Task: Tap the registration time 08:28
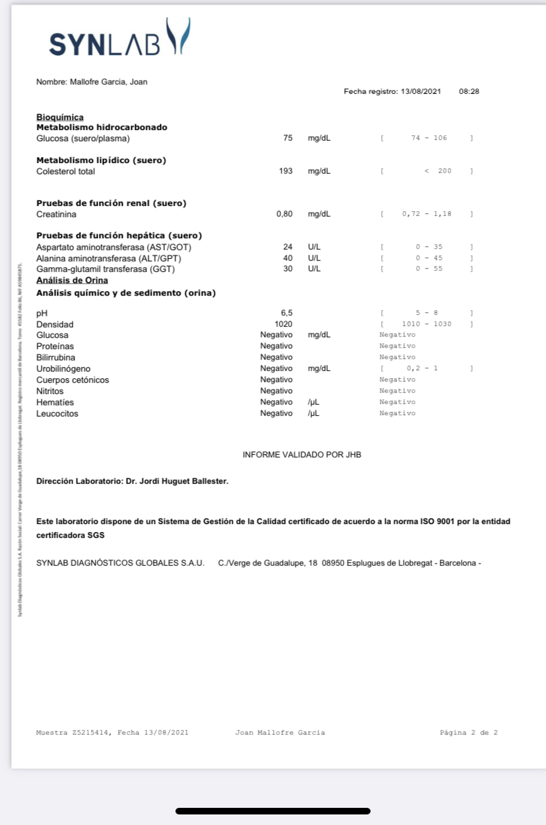tap(469, 91)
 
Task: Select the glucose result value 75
tap(288, 138)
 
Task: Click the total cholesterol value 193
tap(286, 171)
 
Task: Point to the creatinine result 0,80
tap(285, 214)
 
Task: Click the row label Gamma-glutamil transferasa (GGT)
tap(105, 269)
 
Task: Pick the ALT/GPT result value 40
tap(288, 258)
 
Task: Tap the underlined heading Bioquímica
tap(59, 117)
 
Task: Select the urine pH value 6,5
tap(287, 313)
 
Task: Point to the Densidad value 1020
tap(284, 324)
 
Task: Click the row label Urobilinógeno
tap(63, 368)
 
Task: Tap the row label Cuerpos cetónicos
tap(73, 379)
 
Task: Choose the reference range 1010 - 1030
tap(427, 324)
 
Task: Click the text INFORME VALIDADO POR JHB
tap(302, 455)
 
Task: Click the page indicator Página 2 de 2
tap(469, 733)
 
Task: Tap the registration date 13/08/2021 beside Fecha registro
tap(421, 91)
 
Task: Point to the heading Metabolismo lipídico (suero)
tap(101, 160)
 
